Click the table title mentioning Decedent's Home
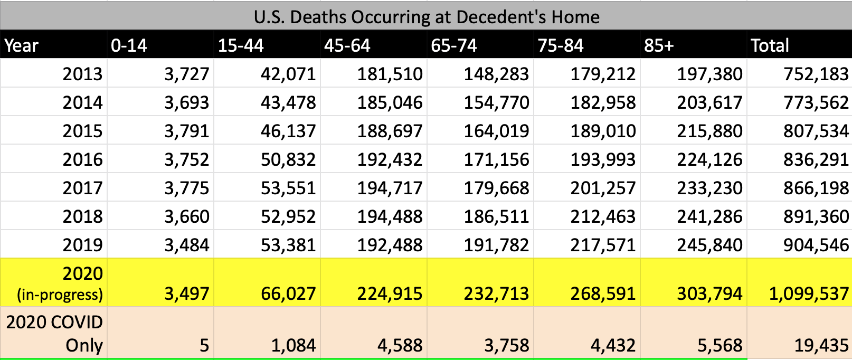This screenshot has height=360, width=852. click(x=427, y=17)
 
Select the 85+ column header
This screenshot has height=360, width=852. click(x=659, y=45)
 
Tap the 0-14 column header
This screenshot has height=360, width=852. click(x=129, y=45)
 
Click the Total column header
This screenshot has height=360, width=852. click(x=770, y=45)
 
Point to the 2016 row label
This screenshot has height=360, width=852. click(x=82, y=159)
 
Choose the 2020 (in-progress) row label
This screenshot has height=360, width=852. click(x=60, y=283)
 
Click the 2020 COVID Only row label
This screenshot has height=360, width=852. click(x=55, y=334)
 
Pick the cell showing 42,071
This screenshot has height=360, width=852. click(x=288, y=74)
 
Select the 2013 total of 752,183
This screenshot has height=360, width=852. click(x=816, y=74)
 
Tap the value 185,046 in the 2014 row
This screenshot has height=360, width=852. click(x=390, y=102)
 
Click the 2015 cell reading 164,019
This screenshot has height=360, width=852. click(x=496, y=131)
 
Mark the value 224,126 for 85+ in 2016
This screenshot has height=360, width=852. click(x=709, y=159)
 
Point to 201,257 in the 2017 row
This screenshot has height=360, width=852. click(x=603, y=188)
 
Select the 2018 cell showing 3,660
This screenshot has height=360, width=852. click(x=187, y=216)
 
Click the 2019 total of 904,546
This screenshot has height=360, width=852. click(x=816, y=245)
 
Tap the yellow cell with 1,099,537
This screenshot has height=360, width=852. click(x=809, y=293)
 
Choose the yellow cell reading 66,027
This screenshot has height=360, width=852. click(x=288, y=293)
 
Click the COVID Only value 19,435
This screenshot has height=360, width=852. click(x=821, y=345)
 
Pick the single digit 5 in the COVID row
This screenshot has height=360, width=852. click(x=204, y=345)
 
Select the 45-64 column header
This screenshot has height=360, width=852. click(x=347, y=45)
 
